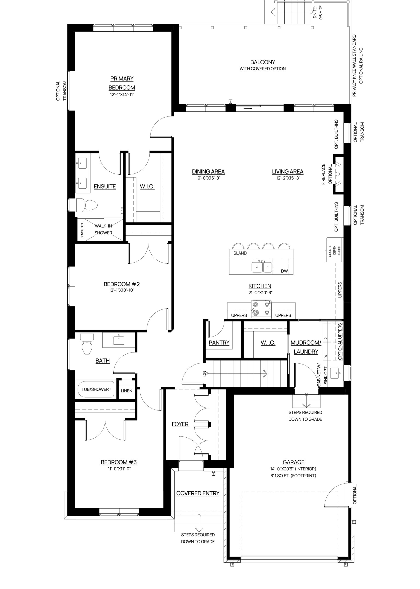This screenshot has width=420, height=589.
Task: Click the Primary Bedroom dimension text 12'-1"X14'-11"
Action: tap(122, 95)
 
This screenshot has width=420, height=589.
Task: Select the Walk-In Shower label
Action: tap(103, 229)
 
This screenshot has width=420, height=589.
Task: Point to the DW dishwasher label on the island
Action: tap(284, 271)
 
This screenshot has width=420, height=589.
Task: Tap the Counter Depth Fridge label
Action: tap(334, 250)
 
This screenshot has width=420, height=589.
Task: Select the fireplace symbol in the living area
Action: tap(338, 174)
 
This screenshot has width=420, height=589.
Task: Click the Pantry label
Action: tap(219, 343)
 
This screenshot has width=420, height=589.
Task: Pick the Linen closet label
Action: tap(127, 391)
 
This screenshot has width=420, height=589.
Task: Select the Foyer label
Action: tap(180, 424)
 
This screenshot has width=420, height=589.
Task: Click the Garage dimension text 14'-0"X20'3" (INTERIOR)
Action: tap(293, 469)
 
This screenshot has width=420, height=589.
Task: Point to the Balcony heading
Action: tap(263, 62)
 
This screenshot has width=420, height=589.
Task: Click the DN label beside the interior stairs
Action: tap(205, 374)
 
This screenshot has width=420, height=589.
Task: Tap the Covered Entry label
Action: tap(198, 493)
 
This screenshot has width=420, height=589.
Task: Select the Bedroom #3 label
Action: tap(119, 462)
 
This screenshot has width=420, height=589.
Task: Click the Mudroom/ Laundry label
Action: tap(306, 347)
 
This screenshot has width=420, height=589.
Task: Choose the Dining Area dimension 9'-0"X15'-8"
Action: tap(208, 178)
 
